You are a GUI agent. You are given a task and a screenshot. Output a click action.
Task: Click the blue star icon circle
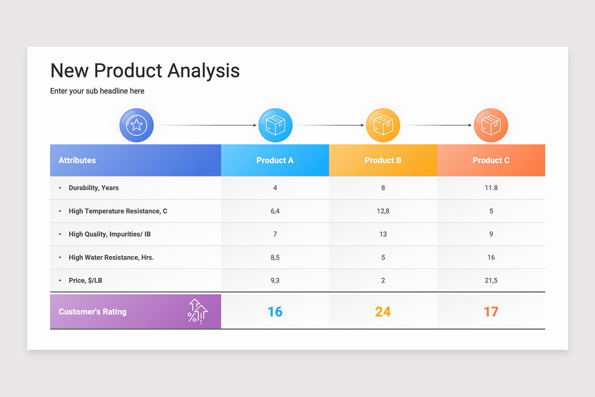click(x=136, y=125)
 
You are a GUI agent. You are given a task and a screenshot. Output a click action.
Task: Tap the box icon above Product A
click(x=275, y=125)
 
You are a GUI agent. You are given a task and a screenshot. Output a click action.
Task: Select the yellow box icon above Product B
click(x=383, y=125)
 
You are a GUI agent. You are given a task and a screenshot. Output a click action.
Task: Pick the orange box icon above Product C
click(x=491, y=125)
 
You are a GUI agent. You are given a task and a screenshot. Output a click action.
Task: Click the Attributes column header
click(x=77, y=160)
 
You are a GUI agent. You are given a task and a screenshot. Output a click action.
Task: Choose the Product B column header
click(x=383, y=160)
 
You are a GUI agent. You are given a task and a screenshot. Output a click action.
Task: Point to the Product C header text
click(x=491, y=160)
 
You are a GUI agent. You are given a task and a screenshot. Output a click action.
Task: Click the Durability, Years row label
click(x=94, y=188)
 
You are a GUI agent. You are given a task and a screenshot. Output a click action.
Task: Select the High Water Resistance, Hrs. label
click(x=111, y=257)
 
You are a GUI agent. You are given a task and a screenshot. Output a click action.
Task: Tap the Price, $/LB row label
click(x=85, y=280)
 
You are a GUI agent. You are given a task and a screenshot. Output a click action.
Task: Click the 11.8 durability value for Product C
click(x=491, y=188)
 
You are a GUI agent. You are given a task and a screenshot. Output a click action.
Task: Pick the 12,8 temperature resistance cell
click(x=383, y=211)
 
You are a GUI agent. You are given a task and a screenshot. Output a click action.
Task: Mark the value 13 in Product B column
click(x=383, y=234)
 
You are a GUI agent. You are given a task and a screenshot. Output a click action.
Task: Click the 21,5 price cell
click(x=491, y=280)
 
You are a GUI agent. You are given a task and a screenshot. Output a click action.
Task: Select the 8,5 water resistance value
click(x=275, y=257)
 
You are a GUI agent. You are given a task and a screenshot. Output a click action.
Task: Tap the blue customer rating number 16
click(x=275, y=312)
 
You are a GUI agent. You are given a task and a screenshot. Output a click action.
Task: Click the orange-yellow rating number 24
click(x=383, y=312)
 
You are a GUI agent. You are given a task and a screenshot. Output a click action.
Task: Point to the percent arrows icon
click(x=197, y=311)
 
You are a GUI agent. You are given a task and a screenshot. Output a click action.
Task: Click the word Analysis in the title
click(x=203, y=70)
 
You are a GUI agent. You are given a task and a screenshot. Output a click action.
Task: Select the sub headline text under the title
click(x=97, y=91)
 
